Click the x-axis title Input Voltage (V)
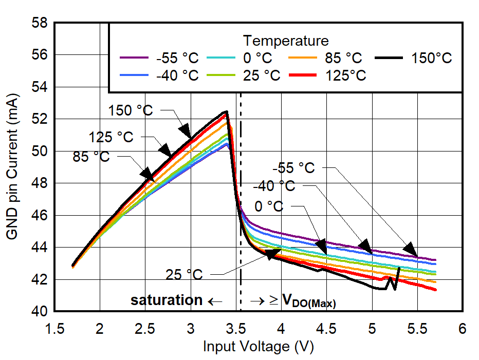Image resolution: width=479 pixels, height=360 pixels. (x=258, y=347)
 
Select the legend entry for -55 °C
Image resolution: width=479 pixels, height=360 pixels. (x=159, y=58)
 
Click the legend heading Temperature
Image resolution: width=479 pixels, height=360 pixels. (x=286, y=41)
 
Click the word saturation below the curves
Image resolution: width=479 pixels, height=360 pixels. (x=167, y=300)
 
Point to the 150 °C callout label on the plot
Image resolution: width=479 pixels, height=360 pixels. (x=130, y=110)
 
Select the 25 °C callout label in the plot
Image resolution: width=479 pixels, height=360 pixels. (x=184, y=275)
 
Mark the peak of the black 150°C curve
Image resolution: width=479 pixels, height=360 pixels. (x=225, y=111)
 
